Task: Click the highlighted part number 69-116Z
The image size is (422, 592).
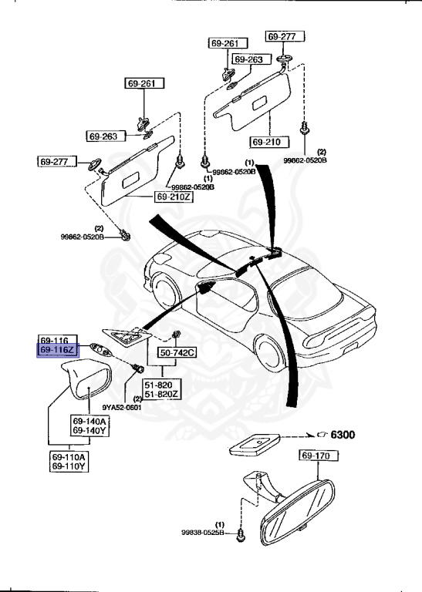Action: point(57,350)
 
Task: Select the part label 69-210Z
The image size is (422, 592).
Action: point(174,197)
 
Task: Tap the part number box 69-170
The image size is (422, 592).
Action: point(316,456)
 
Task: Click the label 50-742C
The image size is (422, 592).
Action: point(177,353)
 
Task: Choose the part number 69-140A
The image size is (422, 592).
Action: point(89,422)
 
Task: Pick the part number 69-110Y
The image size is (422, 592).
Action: point(69,466)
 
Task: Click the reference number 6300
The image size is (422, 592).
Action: point(343,436)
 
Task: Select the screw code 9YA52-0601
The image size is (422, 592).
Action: point(121,408)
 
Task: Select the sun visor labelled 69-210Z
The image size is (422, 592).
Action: point(133,174)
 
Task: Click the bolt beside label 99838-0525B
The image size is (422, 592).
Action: point(241,533)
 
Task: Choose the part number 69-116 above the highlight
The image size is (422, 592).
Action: point(56,339)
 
